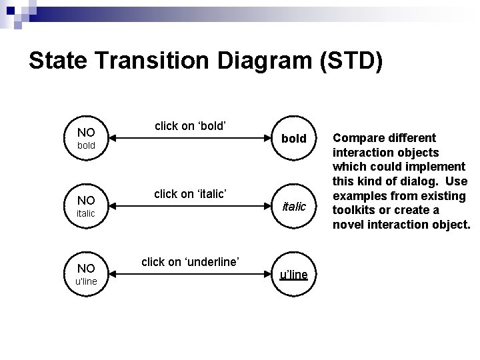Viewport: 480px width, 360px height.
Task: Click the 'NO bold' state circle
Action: pyautogui.click(x=86, y=139)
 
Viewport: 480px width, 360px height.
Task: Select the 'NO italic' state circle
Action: pyautogui.click(x=86, y=207)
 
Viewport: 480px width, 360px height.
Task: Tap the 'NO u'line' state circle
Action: pyautogui.click(x=86, y=275)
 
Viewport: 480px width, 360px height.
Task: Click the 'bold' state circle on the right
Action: pyautogui.click(x=293, y=139)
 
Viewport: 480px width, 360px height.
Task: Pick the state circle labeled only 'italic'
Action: pyautogui.click(x=293, y=207)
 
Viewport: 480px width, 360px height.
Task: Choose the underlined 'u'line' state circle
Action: pyautogui.click(x=293, y=275)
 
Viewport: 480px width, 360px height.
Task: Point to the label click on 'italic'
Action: pyautogui.click(x=191, y=193)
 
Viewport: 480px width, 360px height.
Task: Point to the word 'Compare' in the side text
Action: pyautogui.click(x=357, y=138)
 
